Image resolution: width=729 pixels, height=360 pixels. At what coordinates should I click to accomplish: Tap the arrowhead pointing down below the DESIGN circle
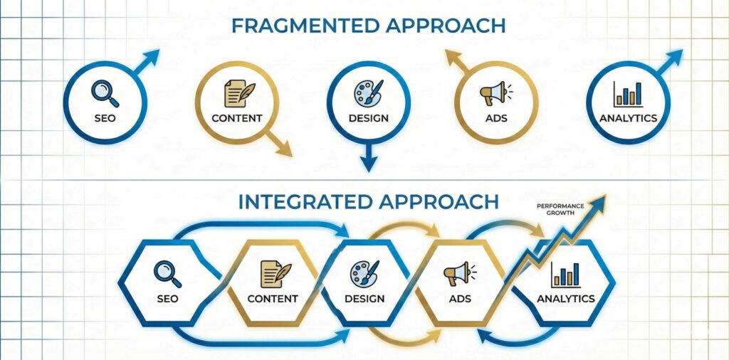(367, 163)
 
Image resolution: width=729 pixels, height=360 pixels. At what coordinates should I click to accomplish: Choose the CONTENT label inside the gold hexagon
(273, 298)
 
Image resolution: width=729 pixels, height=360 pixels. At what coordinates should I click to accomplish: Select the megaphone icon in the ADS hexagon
(456, 272)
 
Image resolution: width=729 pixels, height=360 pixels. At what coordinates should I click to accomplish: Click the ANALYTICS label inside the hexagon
(565, 298)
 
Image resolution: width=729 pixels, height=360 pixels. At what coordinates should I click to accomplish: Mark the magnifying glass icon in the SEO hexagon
(167, 272)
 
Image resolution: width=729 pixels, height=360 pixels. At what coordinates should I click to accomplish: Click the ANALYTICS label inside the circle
(627, 118)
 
